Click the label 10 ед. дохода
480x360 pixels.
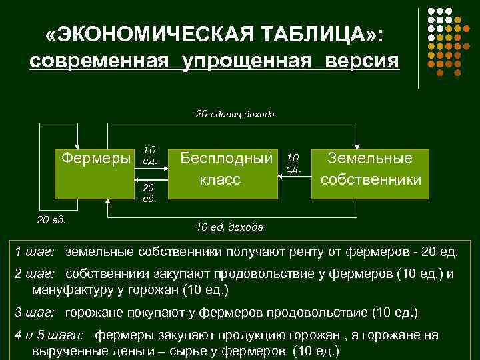[229, 227]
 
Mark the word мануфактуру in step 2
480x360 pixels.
[71, 291]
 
